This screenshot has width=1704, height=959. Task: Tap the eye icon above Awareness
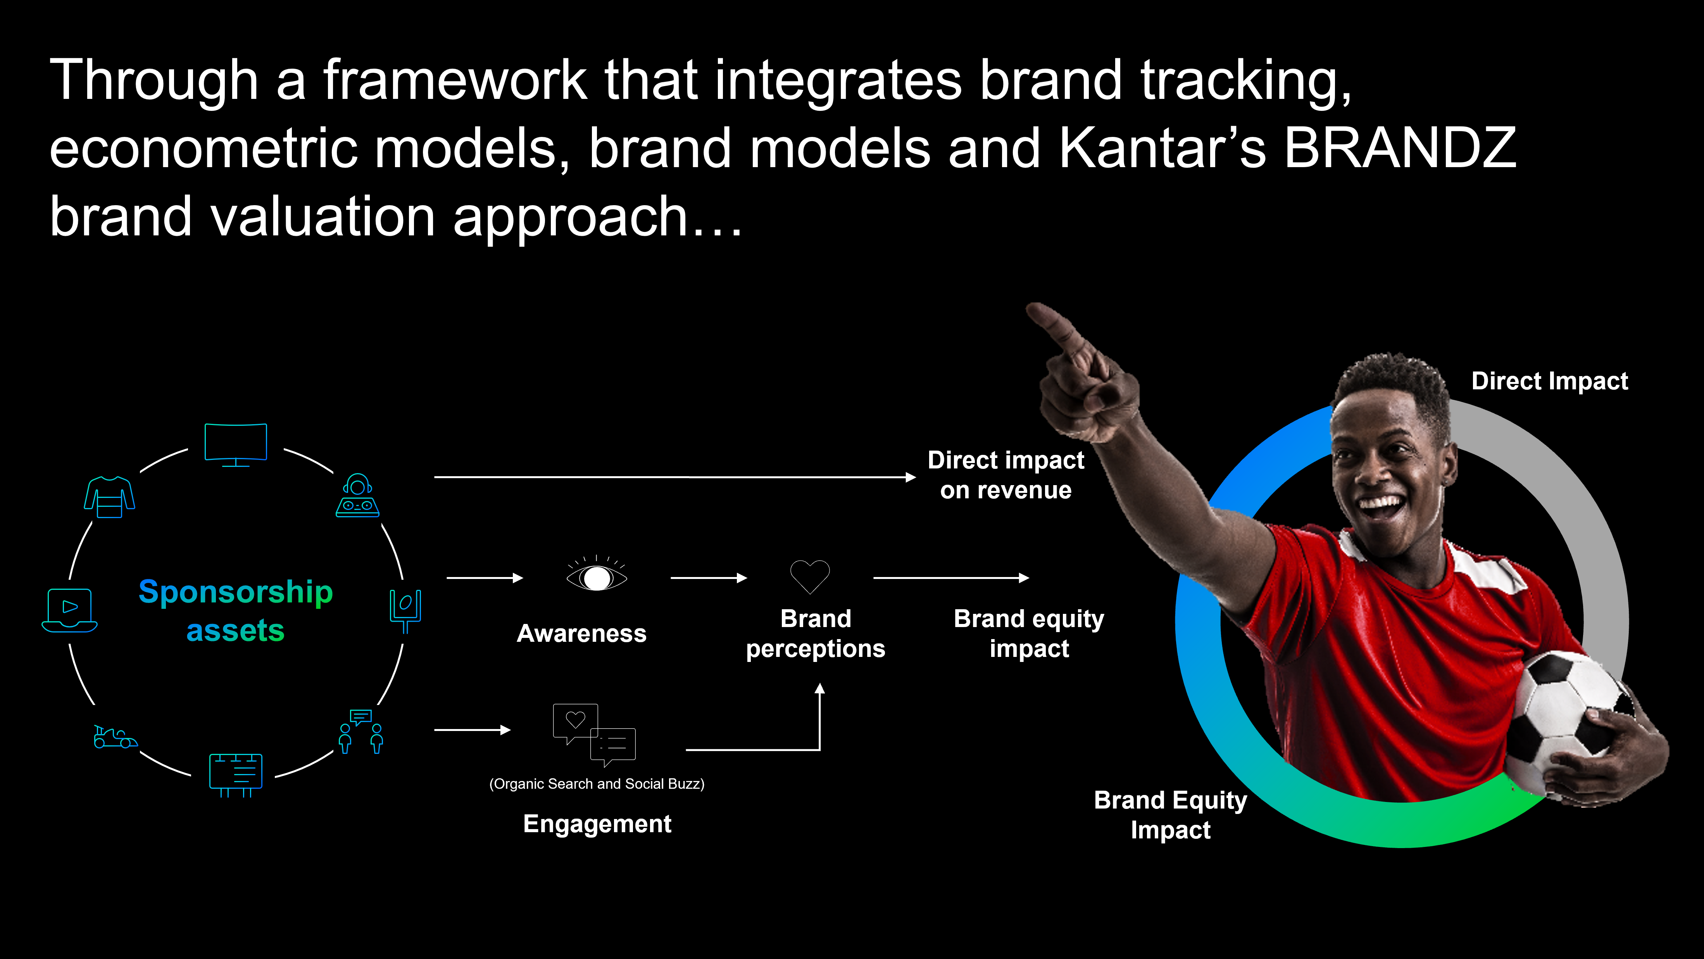tap(597, 574)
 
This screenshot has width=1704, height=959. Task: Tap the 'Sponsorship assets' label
tap(236, 610)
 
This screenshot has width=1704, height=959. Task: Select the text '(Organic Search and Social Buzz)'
tap(597, 784)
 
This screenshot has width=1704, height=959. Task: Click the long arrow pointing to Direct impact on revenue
tap(675, 477)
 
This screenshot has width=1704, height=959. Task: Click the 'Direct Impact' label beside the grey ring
tap(1549, 381)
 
